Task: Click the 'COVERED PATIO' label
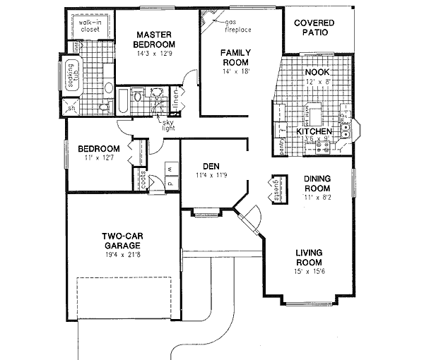pos(314,28)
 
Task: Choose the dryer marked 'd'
pos(170,181)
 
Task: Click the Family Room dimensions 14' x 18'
pos(235,71)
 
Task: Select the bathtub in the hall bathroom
pos(122,101)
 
